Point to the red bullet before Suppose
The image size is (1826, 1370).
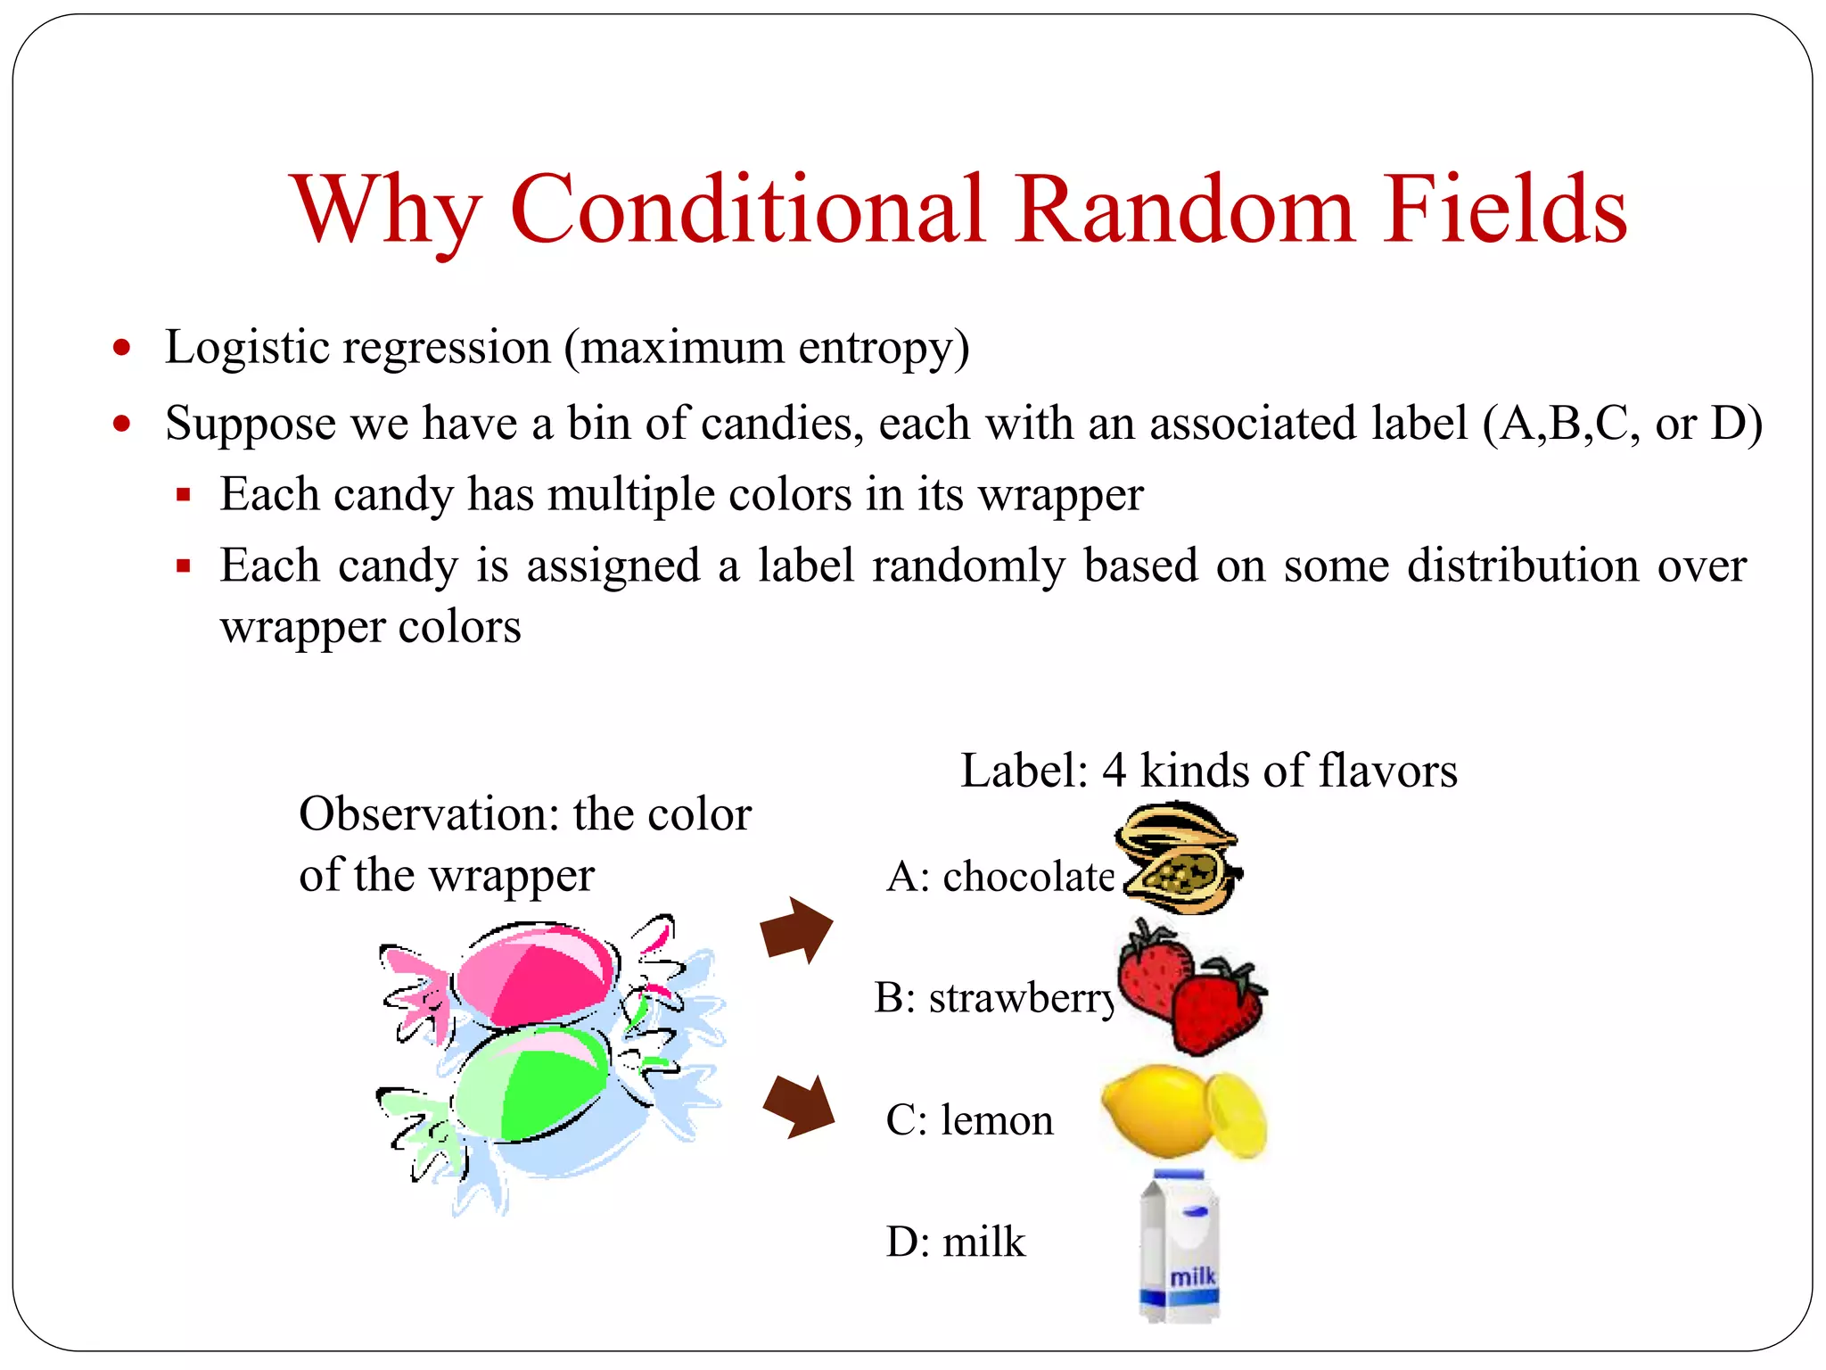[122, 424]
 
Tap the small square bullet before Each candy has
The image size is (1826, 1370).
[184, 495]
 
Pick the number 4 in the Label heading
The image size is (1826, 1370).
[1114, 771]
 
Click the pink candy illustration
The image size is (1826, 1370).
[535, 977]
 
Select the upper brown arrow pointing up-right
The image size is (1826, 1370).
[795, 930]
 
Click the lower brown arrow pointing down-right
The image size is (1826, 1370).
[798, 1106]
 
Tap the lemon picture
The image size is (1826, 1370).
[1181, 1111]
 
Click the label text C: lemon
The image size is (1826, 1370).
[968, 1120]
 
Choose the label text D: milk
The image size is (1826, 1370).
[955, 1242]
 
